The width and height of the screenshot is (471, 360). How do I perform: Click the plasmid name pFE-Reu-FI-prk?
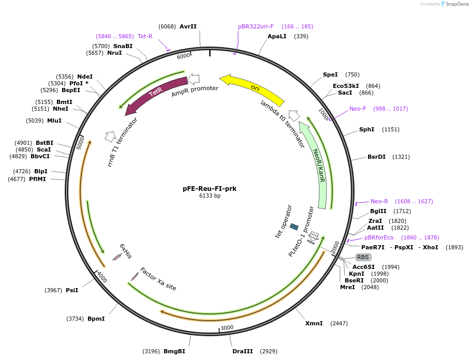pyautogui.click(x=210, y=189)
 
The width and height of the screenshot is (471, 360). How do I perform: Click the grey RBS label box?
pyautogui.click(x=363, y=257)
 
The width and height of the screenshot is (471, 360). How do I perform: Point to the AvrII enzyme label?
pyautogui.click(x=188, y=26)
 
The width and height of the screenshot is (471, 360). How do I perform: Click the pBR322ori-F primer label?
pyautogui.click(x=256, y=26)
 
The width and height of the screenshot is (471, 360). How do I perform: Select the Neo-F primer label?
pyautogui.click(x=358, y=109)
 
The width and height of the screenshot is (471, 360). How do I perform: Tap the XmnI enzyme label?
pyautogui.click(x=314, y=323)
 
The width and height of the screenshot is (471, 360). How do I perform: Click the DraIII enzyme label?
pyautogui.click(x=243, y=351)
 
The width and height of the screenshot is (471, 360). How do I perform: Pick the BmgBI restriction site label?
pyautogui.click(x=174, y=351)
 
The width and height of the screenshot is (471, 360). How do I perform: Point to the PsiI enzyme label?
pyautogui.click(x=72, y=290)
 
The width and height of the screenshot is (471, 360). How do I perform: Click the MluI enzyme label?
pyautogui.click(x=54, y=121)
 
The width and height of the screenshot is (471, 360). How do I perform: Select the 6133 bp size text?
pyautogui.click(x=210, y=196)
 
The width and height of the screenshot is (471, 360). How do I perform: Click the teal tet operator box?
pyautogui.click(x=294, y=227)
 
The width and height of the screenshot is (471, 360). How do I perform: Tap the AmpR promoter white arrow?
pyautogui.click(x=194, y=79)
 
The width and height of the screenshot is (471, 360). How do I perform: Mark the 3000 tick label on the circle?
pyautogui.click(x=227, y=327)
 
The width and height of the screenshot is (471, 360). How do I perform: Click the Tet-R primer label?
pyautogui.click(x=145, y=36)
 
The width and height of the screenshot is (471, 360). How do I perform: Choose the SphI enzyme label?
pyautogui.click(x=366, y=129)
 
